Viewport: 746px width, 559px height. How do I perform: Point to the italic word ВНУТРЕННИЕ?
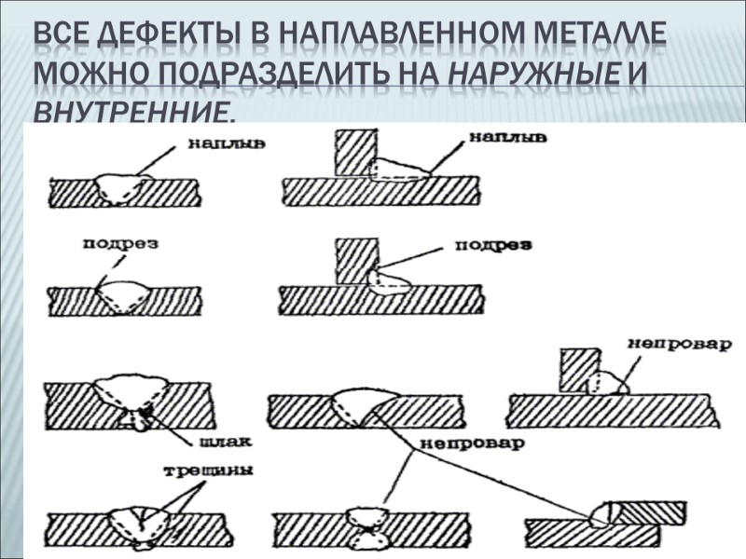tap(131, 113)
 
